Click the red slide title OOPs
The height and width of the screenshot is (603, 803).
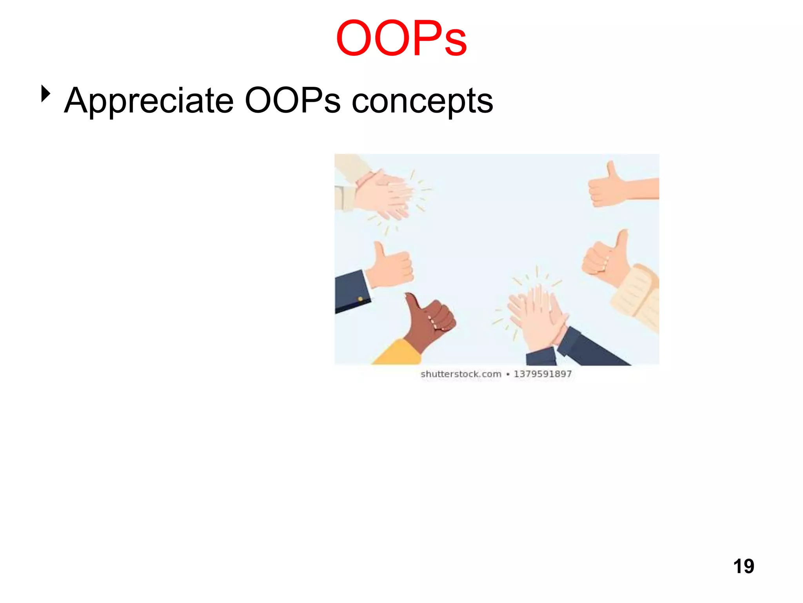[401, 38]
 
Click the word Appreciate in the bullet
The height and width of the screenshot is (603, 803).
[149, 101]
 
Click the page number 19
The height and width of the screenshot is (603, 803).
[743, 566]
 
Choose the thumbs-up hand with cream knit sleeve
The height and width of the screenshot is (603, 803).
[608, 259]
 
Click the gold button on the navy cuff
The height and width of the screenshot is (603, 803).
[360, 299]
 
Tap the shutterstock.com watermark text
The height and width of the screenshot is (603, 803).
[461, 374]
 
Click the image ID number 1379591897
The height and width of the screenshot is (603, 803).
[543, 374]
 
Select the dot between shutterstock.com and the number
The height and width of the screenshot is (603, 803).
[508, 375]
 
